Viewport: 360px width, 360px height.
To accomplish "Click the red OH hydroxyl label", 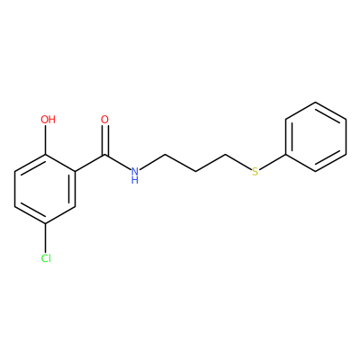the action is click(x=48, y=120).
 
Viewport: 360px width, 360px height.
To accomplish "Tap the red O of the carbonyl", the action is click(x=104, y=120).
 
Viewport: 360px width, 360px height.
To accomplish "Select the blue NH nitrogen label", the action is click(x=135, y=175).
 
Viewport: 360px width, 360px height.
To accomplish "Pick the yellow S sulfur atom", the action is click(x=255, y=172).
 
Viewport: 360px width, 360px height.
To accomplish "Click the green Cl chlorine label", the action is click(x=46, y=258).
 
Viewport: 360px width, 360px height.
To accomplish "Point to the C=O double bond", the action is click(x=104, y=140).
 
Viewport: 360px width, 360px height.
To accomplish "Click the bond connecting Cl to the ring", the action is click(x=46, y=238).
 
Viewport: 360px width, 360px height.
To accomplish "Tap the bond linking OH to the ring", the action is click(x=46, y=139).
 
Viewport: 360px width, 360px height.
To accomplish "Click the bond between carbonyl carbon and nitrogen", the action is click(x=118, y=163).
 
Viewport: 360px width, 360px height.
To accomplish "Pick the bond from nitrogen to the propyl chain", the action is click(x=152, y=162).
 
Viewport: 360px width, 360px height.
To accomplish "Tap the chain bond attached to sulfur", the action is click(x=238, y=163).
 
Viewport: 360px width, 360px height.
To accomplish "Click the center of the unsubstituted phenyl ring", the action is click(x=315, y=137).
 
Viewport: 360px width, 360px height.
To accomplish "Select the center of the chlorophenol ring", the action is click(x=45, y=189).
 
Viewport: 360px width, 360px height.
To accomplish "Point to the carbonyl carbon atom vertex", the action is click(x=104, y=155).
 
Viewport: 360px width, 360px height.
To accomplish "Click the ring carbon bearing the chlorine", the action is click(x=46, y=224).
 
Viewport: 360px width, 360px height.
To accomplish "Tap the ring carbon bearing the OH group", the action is click(x=46, y=155).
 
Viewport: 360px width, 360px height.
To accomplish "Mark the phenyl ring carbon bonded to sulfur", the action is click(x=285, y=155).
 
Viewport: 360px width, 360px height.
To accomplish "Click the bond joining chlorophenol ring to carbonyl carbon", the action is click(x=90, y=164).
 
